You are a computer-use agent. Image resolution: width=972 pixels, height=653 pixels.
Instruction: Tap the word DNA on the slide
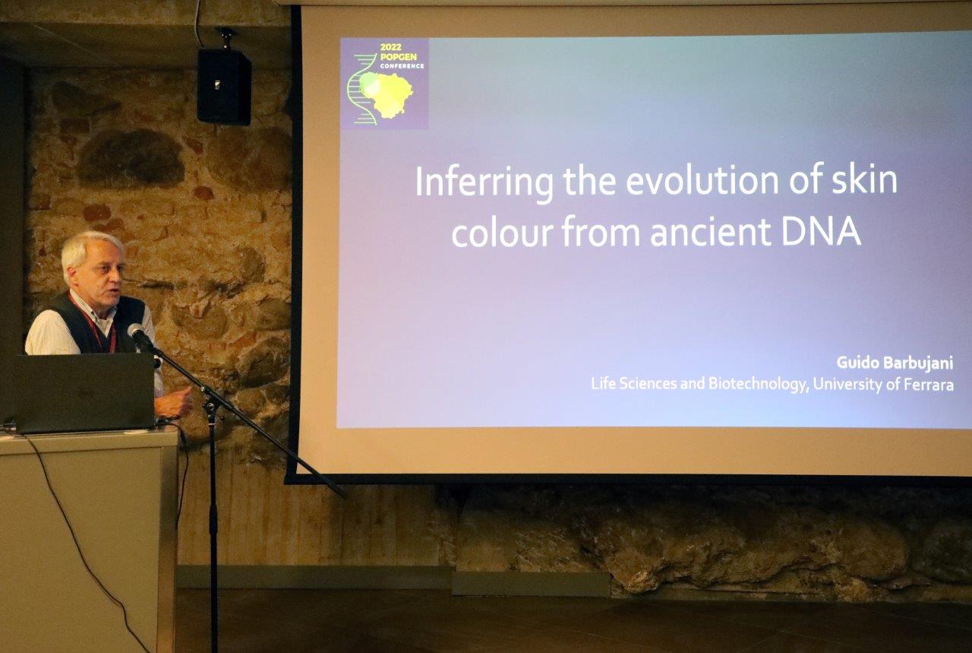click(x=821, y=232)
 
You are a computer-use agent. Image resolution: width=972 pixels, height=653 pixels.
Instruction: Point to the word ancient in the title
click(x=710, y=232)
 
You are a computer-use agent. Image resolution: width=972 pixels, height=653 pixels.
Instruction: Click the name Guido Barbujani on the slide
click(x=895, y=363)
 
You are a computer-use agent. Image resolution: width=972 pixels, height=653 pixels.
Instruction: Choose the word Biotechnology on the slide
click(x=759, y=385)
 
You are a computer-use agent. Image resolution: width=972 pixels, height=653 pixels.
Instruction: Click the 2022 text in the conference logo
click(x=390, y=47)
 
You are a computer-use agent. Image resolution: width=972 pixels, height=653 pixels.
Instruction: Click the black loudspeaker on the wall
click(x=224, y=86)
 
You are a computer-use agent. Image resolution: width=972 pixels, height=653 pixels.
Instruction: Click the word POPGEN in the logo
click(x=399, y=57)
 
